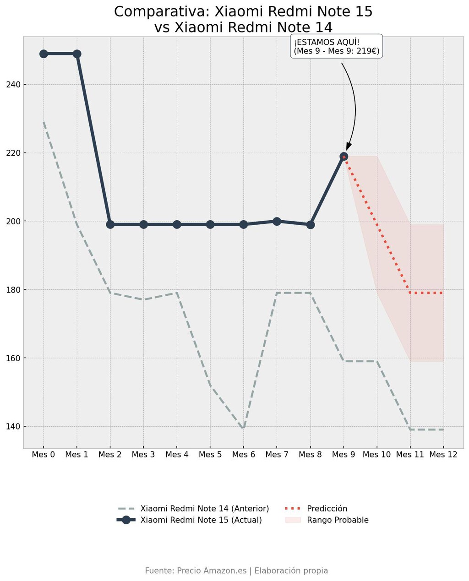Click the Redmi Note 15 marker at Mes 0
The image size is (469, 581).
pos(44,54)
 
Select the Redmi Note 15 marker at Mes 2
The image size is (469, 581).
pos(110,224)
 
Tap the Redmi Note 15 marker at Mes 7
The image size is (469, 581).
pos(277,222)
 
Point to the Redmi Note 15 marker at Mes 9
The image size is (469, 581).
pos(344,156)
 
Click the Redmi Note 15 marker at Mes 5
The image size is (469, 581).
pos(210,224)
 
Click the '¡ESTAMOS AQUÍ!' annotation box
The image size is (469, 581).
pos(336,46)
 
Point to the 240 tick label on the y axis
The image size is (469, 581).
pos(13,85)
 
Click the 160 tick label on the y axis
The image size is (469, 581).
pos(13,358)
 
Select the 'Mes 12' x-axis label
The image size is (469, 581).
pos(443,455)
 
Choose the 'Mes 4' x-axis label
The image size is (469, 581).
pos(177,455)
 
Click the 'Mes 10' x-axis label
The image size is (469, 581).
pos(376,455)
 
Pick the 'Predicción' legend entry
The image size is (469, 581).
pos(316,509)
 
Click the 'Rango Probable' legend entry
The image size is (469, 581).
pos(327,520)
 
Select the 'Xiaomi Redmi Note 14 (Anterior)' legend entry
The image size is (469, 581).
pos(194,509)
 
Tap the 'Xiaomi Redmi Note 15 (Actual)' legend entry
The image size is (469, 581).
pos(189,520)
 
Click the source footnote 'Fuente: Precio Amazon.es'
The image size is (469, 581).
pos(196,571)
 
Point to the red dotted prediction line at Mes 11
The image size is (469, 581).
pos(410,293)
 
